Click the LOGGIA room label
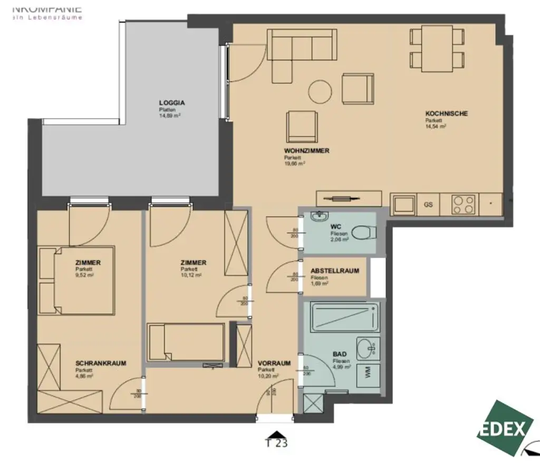coord(172,103)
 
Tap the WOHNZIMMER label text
coord(306,151)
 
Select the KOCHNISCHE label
coord(446,113)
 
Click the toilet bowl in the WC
coord(363,232)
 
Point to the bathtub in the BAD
coord(344,317)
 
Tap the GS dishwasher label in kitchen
coord(428,204)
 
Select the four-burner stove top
coord(464,204)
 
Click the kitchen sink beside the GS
coord(404,204)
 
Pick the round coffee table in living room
coord(320,91)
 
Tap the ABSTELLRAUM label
coord(335,271)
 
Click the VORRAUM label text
coord(274,363)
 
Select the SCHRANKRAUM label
coord(101,363)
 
